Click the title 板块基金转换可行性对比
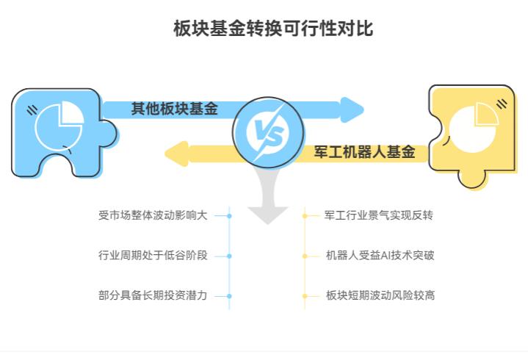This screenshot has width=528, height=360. pos(264,29)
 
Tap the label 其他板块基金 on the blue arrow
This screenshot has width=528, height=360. pos(174,109)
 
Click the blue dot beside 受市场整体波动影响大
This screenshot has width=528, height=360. pos(229,216)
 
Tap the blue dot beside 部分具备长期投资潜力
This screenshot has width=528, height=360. pos(229,295)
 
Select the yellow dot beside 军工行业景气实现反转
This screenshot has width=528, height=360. pos(305,216)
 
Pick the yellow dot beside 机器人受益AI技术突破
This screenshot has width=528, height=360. pos(305,256)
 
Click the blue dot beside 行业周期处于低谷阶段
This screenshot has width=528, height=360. pos(229,256)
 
